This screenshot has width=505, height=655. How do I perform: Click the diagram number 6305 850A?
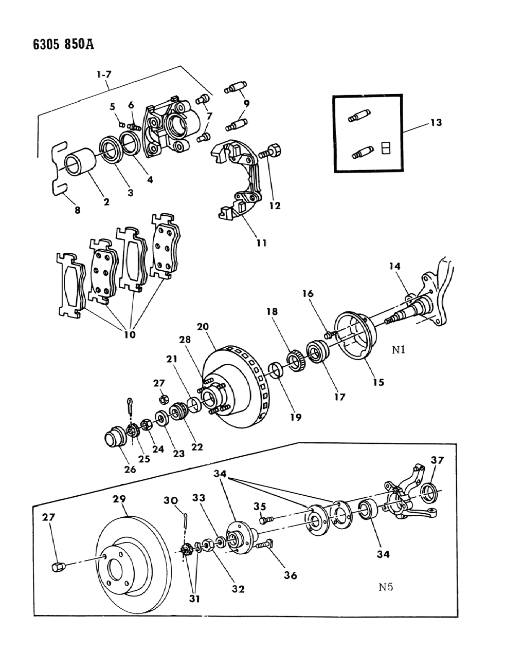pyautogui.click(x=49, y=44)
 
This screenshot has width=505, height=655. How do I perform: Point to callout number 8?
pyautogui.click(x=78, y=210)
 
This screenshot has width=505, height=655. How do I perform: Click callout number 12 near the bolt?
pyautogui.click(x=275, y=205)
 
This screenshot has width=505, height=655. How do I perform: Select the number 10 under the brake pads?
pyautogui.click(x=130, y=334)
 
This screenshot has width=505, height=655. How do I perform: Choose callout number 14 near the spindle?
pyautogui.click(x=394, y=267)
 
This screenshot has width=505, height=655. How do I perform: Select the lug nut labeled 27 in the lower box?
pyautogui.click(x=58, y=566)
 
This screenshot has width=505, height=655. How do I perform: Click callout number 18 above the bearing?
pyautogui.click(x=272, y=312)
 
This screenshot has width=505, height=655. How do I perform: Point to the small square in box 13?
pyautogui.click(x=386, y=148)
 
